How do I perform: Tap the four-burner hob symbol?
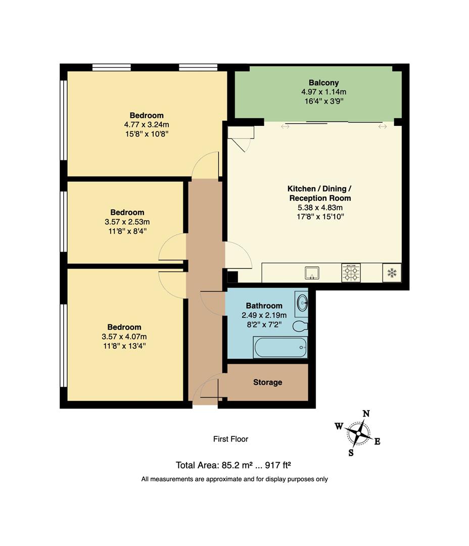click(x=351, y=273)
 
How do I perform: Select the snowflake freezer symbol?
click(x=392, y=273)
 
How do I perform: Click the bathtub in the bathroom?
click(x=280, y=347)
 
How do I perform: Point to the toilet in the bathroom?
click(x=300, y=326)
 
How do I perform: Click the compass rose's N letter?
click(x=366, y=414)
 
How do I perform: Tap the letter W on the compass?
click(x=338, y=426)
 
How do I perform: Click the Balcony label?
click(x=323, y=82)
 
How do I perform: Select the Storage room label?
click(x=267, y=382)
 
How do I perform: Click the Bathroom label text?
click(x=264, y=305)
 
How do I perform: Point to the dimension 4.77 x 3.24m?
click(x=146, y=125)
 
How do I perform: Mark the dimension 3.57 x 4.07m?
click(x=124, y=337)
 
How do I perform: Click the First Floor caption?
click(x=230, y=439)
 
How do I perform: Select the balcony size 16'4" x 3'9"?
click(x=323, y=101)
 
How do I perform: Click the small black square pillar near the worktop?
click(x=232, y=277)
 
